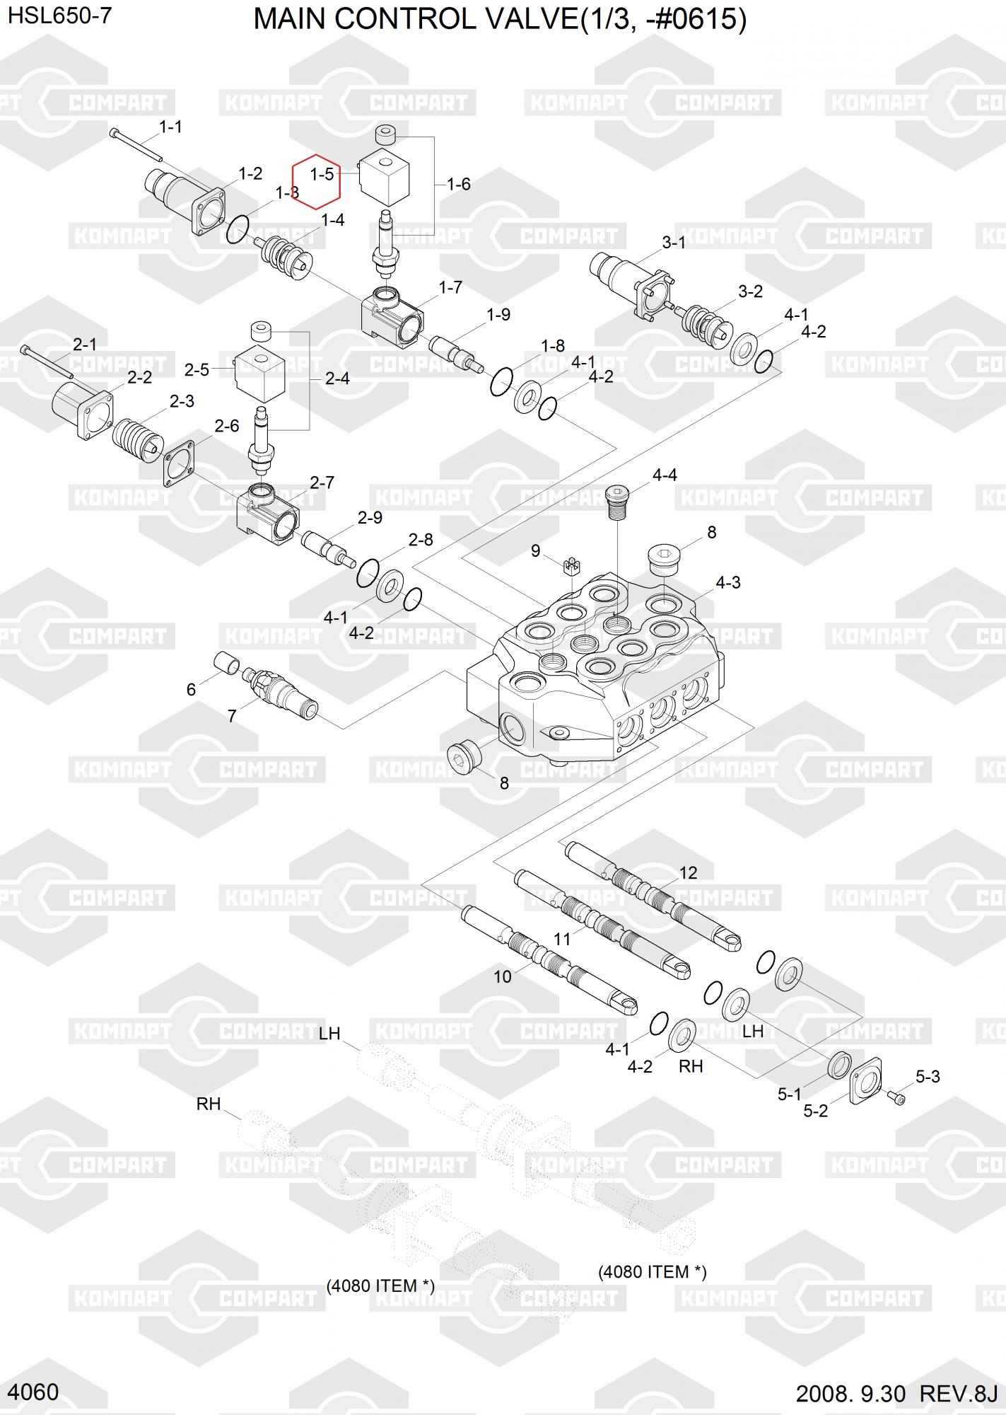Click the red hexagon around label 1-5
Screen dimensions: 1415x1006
click(x=317, y=182)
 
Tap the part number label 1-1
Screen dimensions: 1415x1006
click(x=170, y=127)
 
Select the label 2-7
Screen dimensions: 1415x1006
click(x=322, y=483)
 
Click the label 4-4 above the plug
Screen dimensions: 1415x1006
click(x=665, y=475)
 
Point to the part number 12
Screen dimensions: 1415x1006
click(x=688, y=873)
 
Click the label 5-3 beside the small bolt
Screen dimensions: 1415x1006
click(x=928, y=1076)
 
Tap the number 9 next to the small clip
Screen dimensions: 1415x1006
click(x=536, y=550)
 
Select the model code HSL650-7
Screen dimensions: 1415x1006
click(x=59, y=16)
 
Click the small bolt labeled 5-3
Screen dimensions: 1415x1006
click(x=896, y=1097)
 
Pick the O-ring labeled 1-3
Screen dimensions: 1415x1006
click(x=238, y=229)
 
